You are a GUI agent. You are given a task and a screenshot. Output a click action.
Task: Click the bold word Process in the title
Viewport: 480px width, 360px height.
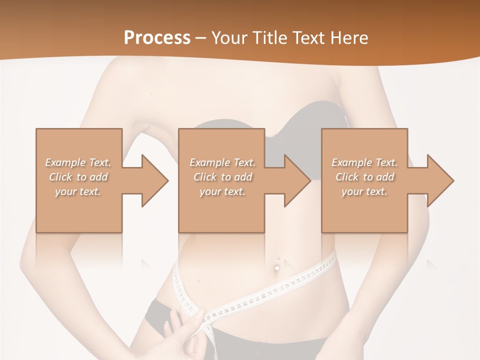pos(157,37)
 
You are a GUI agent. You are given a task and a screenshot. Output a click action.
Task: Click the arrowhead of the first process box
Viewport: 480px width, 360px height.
pos(155,180)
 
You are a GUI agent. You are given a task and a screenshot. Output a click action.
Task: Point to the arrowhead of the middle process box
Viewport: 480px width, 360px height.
pos(297,180)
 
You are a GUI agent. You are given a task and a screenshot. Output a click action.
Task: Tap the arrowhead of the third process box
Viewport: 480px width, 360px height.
pos(440,180)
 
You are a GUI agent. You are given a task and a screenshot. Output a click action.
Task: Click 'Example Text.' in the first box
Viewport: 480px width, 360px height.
pos(78,162)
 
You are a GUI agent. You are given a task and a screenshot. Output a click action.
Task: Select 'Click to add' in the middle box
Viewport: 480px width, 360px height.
pos(222,177)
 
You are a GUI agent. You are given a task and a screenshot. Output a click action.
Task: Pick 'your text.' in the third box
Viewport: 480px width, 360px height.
pos(364,191)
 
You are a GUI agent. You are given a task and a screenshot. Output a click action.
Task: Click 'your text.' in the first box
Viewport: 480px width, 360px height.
pos(78,191)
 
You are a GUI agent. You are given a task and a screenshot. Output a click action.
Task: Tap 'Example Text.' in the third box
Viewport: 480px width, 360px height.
pos(364,162)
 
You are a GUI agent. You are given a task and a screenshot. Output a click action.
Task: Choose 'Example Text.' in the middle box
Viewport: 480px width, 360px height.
pos(222,162)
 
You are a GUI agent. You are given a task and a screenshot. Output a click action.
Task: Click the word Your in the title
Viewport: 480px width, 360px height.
pos(228,37)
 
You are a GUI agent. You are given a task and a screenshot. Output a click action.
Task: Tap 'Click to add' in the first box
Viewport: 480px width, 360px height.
pos(78,177)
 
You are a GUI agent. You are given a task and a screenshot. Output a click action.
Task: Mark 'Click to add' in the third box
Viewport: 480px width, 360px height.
pos(364,177)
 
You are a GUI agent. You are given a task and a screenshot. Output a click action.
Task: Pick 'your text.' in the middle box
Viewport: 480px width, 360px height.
pos(222,191)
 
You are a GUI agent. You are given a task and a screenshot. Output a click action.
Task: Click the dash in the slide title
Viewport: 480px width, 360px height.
pos(201,38)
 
